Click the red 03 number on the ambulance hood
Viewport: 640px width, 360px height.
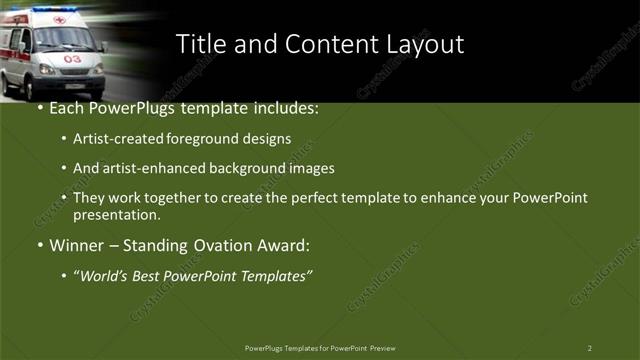coord(72,59)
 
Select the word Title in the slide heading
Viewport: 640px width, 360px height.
coord(200,44)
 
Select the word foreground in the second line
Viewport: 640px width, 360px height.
coord(212,139)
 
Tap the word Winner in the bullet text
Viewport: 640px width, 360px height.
coord(76,245)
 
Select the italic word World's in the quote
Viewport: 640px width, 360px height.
coord(103,275)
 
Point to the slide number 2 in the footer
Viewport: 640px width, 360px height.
coord(589,348)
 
